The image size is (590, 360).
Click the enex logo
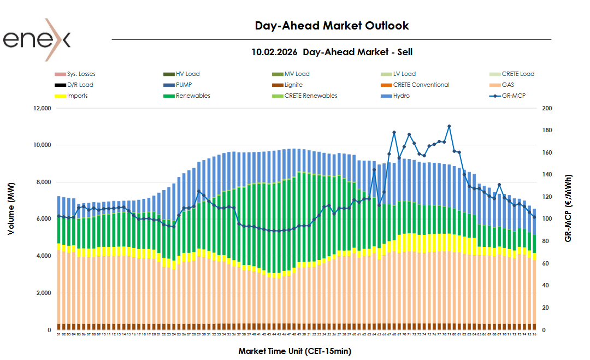(x=37, y=39)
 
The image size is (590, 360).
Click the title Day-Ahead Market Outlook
(x=332, y=26)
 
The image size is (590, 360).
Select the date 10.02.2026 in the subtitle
(x=274, y=52)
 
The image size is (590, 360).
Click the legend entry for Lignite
(x=293, y=85)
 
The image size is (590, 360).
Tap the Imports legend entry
(x=77, y=96)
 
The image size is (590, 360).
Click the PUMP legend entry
(x=184, y=85)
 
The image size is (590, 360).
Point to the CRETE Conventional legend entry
(x=421, y=85)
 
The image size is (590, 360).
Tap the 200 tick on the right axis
(x=547, y=108)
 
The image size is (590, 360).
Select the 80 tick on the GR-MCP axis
(x=545, y=241)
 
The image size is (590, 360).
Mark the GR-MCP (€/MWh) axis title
(x=569, y=209)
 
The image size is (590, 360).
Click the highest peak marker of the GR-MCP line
(x=449, y=126)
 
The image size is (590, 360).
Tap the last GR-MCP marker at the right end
(x=534, y=217)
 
